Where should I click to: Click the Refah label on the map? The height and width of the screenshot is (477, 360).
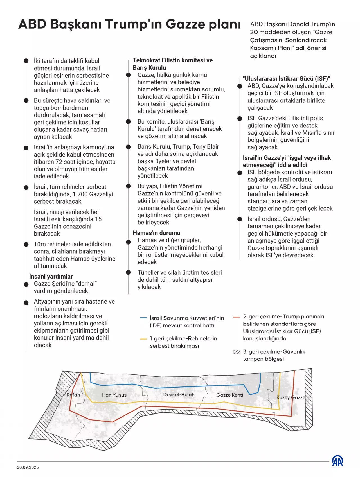73,395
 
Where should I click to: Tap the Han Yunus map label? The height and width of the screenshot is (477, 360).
114,395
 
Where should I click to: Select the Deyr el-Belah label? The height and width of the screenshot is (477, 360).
179,395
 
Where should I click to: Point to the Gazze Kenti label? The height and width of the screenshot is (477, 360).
230,395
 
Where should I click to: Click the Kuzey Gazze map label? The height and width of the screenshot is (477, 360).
291,397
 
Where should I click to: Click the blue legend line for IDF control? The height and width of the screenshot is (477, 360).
143,318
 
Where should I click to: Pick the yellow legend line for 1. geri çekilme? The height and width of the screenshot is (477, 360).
143,339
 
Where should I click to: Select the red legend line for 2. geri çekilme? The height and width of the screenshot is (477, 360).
236,317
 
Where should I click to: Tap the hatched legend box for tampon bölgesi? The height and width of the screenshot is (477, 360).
237,352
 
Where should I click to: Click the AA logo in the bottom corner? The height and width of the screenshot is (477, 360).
337,461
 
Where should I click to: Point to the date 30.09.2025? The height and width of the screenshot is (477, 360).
28,467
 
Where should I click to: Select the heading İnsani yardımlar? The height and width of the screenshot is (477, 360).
51,277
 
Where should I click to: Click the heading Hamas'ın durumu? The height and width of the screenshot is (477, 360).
157,233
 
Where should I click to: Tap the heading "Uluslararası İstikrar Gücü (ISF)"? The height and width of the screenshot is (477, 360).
286,79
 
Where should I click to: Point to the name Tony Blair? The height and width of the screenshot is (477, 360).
205,147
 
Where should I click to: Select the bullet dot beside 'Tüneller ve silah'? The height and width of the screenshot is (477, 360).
129,272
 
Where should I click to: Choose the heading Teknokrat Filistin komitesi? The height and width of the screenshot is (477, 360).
173,60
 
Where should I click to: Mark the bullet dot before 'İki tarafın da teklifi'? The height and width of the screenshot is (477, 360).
26,61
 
